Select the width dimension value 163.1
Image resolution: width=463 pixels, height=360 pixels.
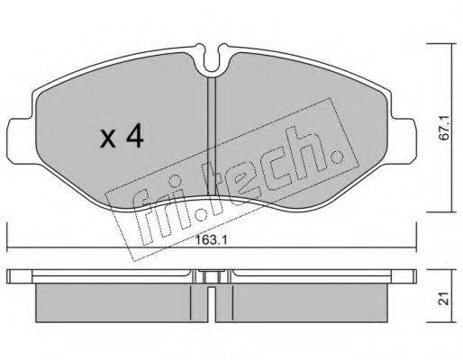[214, 241]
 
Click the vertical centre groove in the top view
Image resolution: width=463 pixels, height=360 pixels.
[211, 135]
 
